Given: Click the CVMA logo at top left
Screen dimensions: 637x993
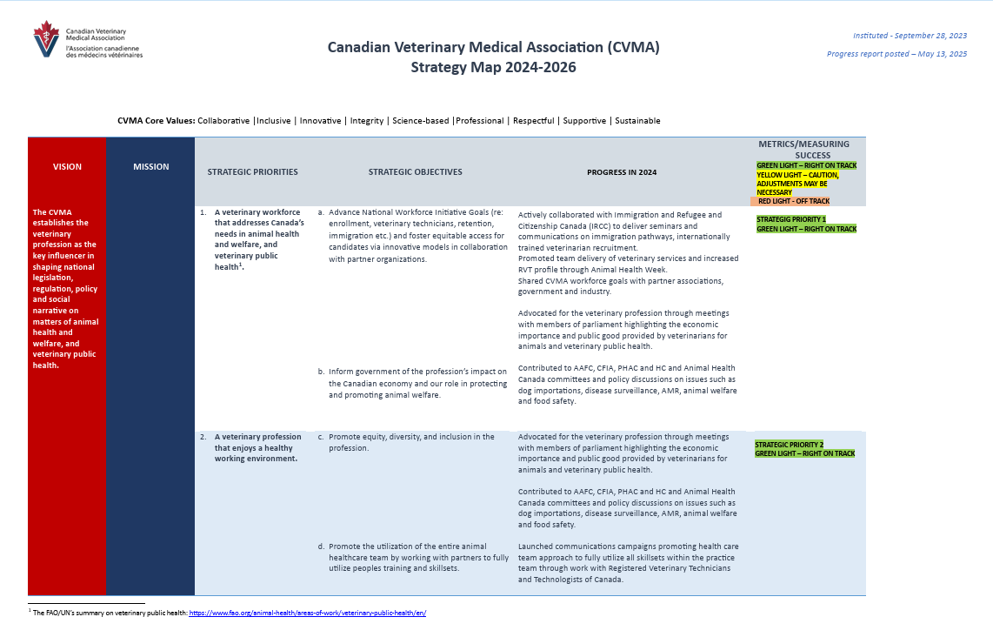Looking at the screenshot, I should click(87, 40).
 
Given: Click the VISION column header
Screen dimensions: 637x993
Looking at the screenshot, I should click(67, 166).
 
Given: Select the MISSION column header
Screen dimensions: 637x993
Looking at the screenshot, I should click(151, 166).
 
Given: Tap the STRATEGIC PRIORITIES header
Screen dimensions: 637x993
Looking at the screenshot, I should click(252, 172).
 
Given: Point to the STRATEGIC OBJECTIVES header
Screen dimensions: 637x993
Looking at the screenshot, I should click(415, 172).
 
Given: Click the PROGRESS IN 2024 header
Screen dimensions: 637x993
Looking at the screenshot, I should click(622, 172).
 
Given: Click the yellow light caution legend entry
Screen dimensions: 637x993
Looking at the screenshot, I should click(797, 184).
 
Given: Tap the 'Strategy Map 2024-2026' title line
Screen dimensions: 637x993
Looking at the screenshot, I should click(493, 68).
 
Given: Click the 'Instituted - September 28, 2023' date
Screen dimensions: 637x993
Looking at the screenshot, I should click(910, 36).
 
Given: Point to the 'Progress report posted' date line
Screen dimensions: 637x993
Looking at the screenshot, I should click(896, 54).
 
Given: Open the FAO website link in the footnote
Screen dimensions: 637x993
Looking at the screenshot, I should click(308, 613).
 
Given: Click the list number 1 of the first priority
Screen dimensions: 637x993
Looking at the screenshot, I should click(203, 211).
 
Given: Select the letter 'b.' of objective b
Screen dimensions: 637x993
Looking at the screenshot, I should click(321, 372).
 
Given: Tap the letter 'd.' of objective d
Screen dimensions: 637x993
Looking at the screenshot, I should click(321, 547).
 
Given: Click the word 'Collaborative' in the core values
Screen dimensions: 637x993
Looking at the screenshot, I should click(223, 121).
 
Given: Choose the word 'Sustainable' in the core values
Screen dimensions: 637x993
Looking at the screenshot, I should click(637, 121).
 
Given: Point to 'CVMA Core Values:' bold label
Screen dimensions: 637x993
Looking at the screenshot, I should click(156, 121).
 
